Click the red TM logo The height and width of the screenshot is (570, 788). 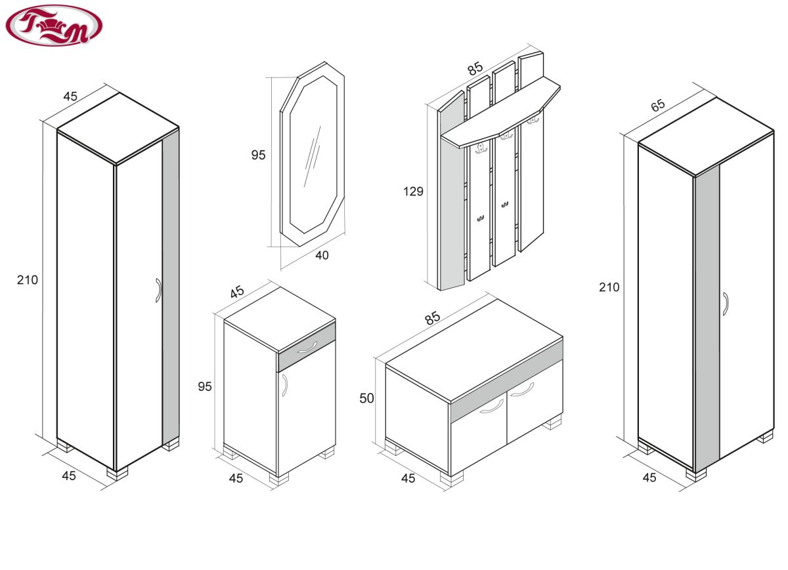pyautogui.click(x=54, y=26)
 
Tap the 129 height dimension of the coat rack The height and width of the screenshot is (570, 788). pyautogui.click(x=413, y=192)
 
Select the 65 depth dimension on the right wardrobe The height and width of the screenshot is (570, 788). pyautogui.click(x=657, y=105)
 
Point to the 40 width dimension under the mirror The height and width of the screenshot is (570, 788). pyautogui.click(x=322, y=255)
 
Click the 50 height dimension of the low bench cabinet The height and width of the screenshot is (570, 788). pyautogui.click(x=366, y=398)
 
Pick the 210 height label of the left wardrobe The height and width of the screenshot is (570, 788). pyautogui.click(x=28, y=280)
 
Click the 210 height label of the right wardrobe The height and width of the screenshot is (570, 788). pyautogui.click(x=609, y=287)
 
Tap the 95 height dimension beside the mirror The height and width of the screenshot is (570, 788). pyautogui.click(x=258, y=155)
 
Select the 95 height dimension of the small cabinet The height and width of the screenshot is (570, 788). pyautogui.click(x=205, y=386)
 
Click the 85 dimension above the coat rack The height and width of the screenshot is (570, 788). pyautogui.click(x=475, y=68)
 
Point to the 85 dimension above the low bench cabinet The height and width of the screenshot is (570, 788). pyautogui.click(x=432, y=317)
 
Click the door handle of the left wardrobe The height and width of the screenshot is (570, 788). pyautogui.click(x=158, y=291)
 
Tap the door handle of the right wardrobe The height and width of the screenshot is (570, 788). pyautogui.click(x=726, y=304)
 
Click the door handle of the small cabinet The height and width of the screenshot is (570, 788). pyautogui.click(x=285, y=386)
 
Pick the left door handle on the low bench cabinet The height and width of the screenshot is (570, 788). pyautogui.click(x=491, y=407)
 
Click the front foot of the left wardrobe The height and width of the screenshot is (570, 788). pyautogui.click(x=118, y=473)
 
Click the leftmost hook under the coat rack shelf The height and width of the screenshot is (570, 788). pyautogui.click(x=481, y=149)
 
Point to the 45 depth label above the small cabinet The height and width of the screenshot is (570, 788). pyautogui.click(x=237, y=292)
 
